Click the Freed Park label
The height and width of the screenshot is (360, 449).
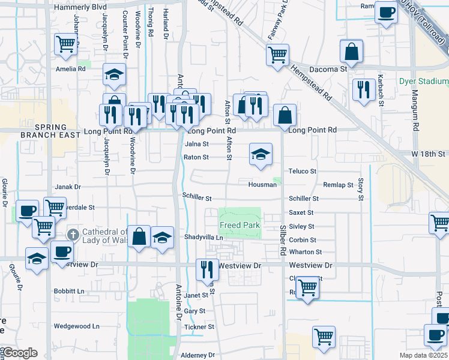(240, 226)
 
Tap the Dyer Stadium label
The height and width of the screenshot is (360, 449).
(424, 81)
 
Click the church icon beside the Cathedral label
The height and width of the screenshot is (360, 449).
(73, 233)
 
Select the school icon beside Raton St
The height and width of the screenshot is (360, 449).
(261, 155)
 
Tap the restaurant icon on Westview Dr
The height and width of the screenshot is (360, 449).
(207, 271)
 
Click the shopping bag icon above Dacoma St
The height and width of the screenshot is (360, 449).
(352, 52)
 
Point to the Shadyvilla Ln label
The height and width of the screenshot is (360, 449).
(203, 238)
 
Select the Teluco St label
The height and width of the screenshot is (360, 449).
(302, 171)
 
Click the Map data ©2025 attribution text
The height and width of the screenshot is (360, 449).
(423, 355)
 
